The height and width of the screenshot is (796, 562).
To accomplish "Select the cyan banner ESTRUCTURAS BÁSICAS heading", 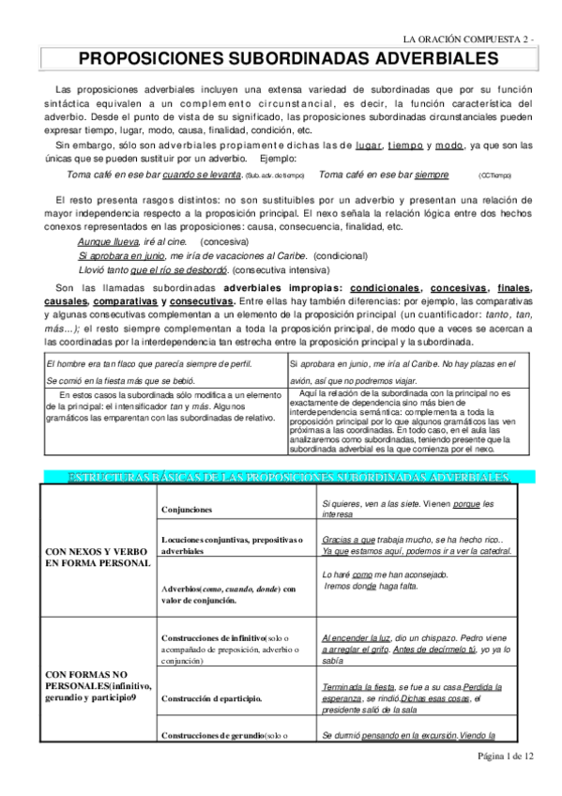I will (x=287, y=478).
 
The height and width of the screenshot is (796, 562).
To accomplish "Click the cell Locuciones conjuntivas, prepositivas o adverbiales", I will (x=231, y=545).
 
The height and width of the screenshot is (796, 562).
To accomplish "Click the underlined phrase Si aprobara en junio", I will (x=122, y=255).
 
